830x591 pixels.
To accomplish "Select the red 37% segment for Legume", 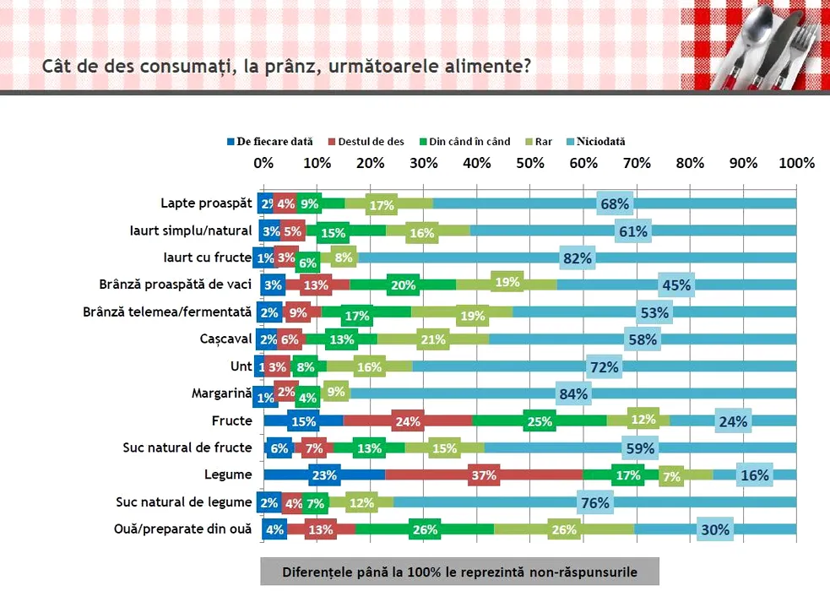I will (x=484, y=475).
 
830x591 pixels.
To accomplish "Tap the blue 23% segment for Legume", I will (x=324, y=475).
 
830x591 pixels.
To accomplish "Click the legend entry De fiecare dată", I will (x=269, y=142).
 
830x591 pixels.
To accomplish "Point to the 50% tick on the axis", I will (x=529, y=163).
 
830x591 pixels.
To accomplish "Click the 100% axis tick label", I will (x=796, y=163).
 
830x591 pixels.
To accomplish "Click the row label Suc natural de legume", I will (x=184, y=502).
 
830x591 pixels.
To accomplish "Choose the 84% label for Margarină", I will (x=572, y=393).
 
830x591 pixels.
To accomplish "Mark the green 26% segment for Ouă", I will (x=425, y=529).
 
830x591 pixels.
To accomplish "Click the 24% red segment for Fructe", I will (x=407, y=421).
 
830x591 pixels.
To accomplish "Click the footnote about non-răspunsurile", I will (x=459, y=572).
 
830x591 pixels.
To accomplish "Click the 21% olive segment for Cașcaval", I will (x=432, y=339).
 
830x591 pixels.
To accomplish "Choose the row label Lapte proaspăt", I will (x=206, y=203).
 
